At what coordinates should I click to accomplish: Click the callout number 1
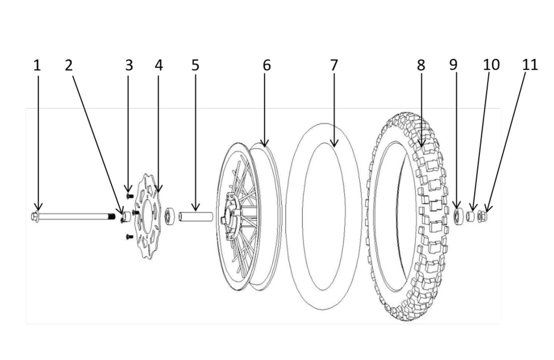37,65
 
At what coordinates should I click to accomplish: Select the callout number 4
159,65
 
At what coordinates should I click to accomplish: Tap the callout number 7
334,65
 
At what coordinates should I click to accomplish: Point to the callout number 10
491,65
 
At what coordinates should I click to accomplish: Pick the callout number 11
530,65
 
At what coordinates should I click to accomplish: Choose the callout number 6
266,65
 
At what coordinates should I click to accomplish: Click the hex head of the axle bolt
36,216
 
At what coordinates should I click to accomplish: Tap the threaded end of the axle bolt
111,216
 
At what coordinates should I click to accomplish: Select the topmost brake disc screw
129,196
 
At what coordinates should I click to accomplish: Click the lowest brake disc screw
129,237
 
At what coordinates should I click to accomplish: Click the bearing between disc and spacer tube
170,216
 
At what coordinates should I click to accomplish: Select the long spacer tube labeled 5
196,216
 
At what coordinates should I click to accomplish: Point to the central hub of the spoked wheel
229,216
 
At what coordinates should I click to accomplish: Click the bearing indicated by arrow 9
458,216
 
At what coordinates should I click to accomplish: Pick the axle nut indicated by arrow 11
482,216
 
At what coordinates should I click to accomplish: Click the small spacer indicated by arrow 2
124,216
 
